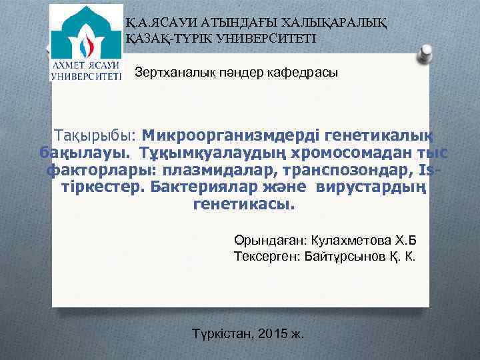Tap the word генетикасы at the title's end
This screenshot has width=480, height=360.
(x=242, y=205)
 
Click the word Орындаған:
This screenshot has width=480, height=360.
(x=268, y=240)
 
